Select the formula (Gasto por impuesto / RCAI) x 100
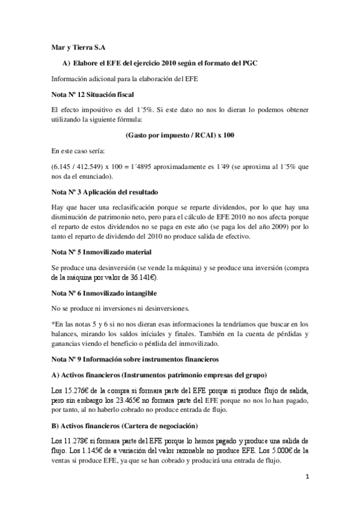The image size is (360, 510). pos(180,135)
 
